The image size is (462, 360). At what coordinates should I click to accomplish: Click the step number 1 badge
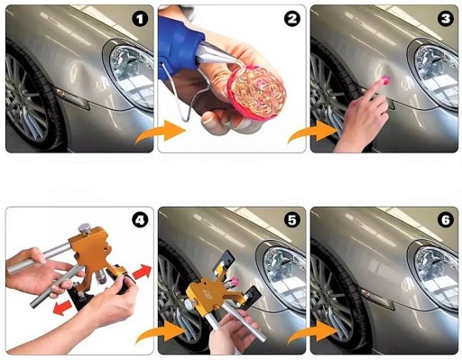140,19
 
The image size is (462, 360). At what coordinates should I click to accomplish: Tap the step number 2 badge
292,19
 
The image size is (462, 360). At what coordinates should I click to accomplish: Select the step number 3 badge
446,19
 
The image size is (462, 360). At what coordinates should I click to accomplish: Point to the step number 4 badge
140,220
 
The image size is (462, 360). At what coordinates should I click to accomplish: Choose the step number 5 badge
292,220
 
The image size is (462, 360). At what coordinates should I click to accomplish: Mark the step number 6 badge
446,220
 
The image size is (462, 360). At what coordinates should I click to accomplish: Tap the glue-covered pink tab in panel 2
256,93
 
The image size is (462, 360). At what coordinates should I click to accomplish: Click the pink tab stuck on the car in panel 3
385,80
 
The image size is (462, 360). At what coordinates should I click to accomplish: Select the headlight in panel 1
132,75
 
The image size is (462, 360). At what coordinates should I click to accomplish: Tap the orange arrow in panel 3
313,132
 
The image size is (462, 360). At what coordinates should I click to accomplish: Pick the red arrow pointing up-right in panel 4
142,272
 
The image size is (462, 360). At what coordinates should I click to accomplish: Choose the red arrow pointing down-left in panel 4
62,308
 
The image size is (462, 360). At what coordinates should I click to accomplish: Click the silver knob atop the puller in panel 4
85,227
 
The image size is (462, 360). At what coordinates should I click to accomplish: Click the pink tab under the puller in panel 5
234,282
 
